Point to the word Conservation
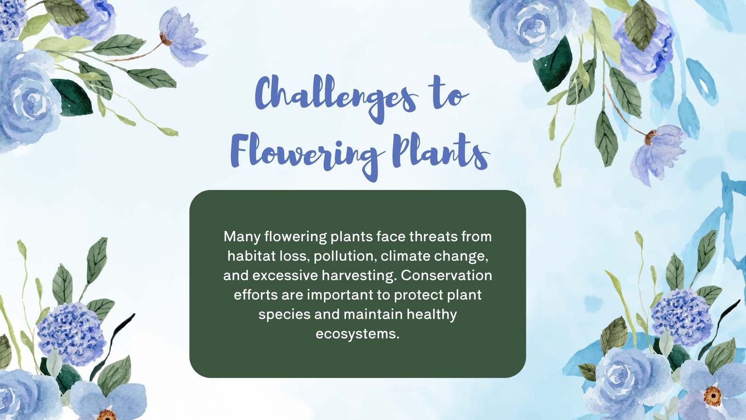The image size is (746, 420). (446, 275)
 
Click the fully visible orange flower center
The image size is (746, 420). (712, 396)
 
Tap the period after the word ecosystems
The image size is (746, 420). (398, 338)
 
